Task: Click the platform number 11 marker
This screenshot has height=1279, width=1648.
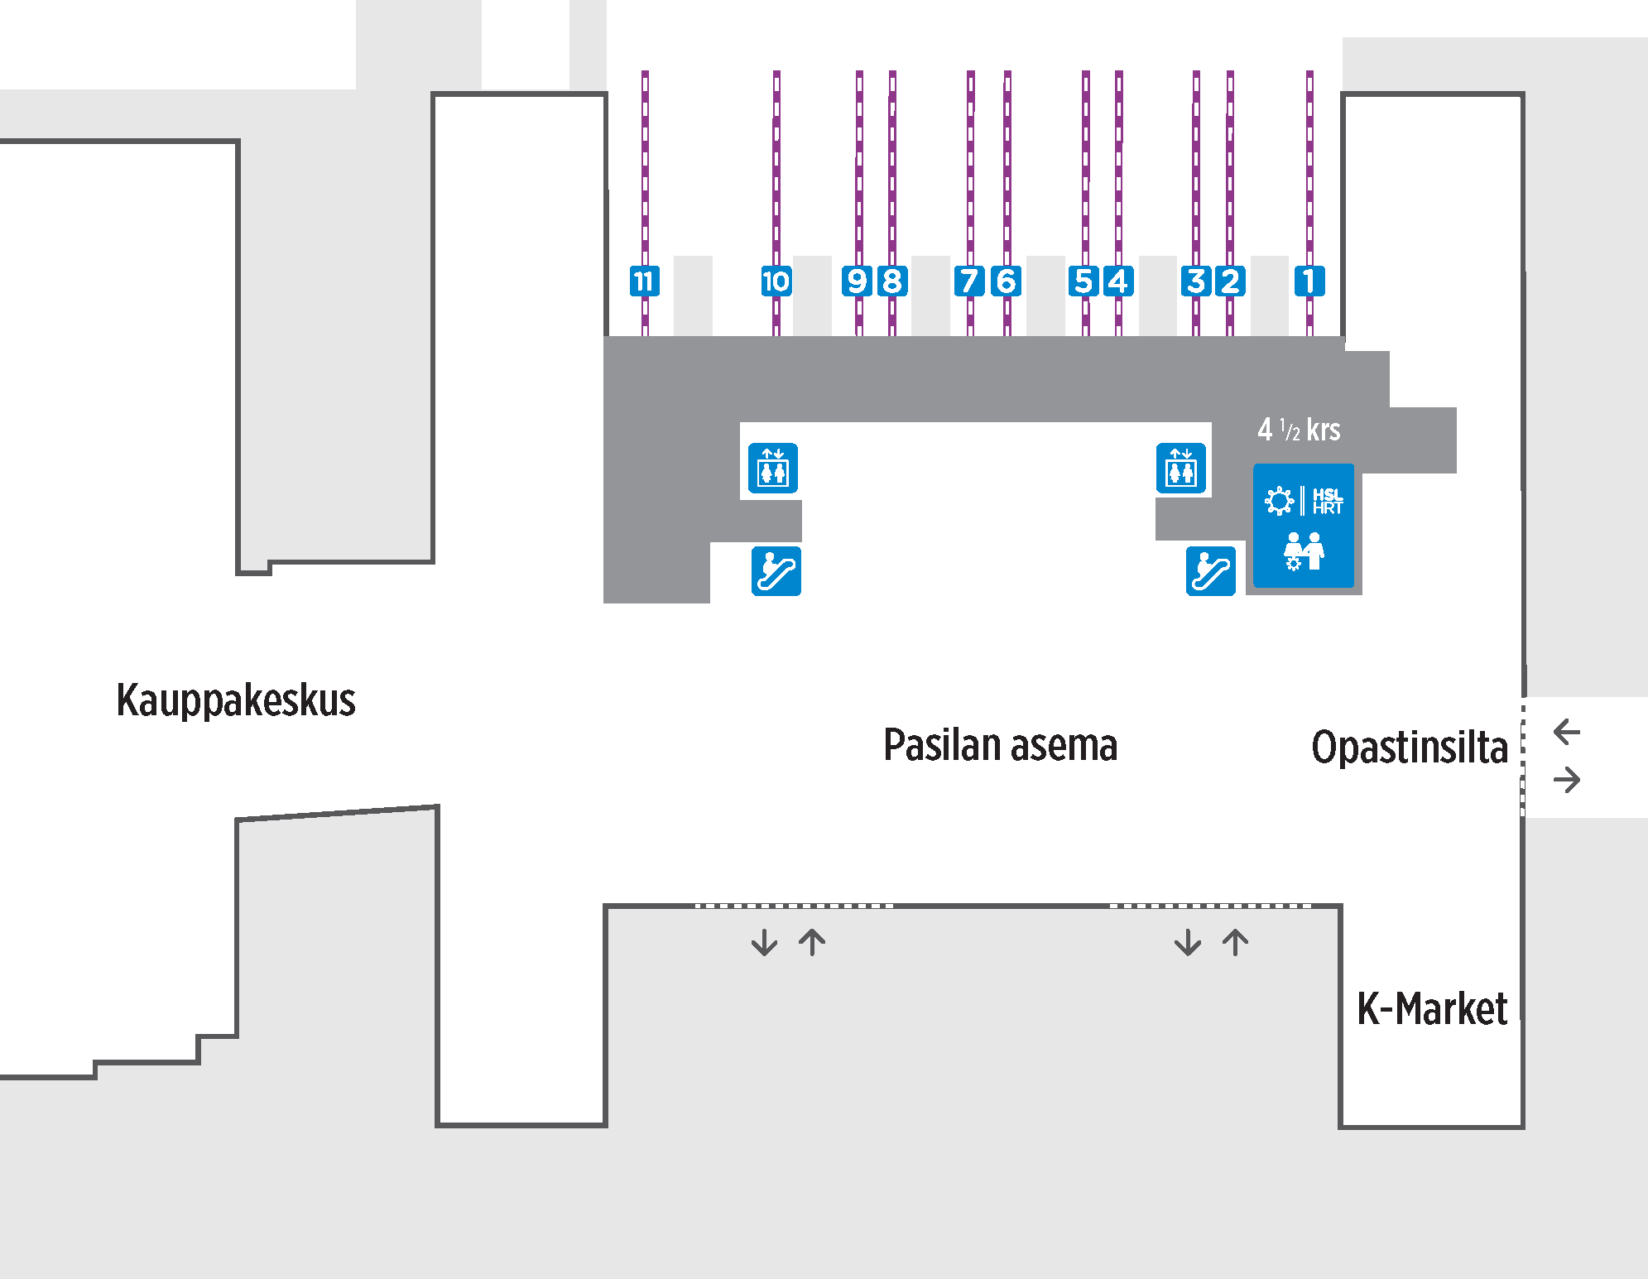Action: click(x=645, y=281)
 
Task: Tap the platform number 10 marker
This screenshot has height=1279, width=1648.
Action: click(x=776, y=281)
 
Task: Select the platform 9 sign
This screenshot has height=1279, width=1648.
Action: click(x=858, y=281)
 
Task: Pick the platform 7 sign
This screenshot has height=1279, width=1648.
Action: click(x=969, y=281)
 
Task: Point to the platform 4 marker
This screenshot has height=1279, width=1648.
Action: click(x=1118, y=281)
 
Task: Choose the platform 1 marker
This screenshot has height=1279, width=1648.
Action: click(x=1309, y=281)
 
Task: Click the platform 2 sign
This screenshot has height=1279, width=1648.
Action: click(x=1231, y=281)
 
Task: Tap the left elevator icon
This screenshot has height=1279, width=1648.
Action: click(x=773, y=469)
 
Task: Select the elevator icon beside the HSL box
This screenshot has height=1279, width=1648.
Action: click(x=1181, y=469)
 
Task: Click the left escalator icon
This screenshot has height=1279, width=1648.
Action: click(x=776, y=571)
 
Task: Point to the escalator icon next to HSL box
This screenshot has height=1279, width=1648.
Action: click(x=1211, y=571)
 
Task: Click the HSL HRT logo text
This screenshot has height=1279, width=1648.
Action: click(x=1327, y=501)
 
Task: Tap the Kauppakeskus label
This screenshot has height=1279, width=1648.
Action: click(x=236, y=700)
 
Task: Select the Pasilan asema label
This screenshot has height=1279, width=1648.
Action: click(x=1000, y=745)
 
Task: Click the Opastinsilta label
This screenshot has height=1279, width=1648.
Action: click(x=1410, y=748)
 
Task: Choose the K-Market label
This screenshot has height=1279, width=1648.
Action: click(x=1432, y=1009)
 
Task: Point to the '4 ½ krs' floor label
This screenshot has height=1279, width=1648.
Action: click(x=1299, y=430)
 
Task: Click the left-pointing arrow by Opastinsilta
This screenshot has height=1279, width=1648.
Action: click(x=1567, y=732)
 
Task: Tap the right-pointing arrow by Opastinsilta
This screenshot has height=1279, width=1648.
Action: click(x=1567, y=780)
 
